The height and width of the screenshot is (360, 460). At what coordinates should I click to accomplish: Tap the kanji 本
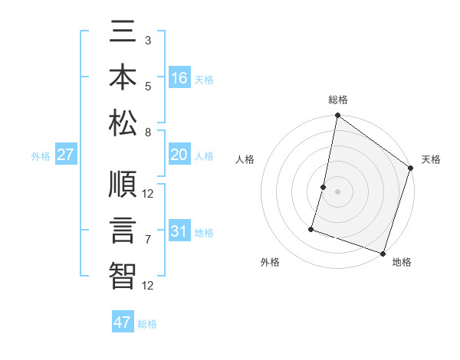pyautogui.click(x=123, y=77)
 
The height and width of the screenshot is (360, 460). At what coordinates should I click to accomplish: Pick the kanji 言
pyautogui.click(x=123, y=231)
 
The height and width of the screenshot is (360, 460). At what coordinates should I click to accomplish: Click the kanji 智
pyautogui.click(x=123, y=274)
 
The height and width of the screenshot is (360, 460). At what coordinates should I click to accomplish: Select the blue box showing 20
pyautogui.click(x=179, y=155)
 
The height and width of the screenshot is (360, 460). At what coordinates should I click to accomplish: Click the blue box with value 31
pyautogui.click(x=179, y=231)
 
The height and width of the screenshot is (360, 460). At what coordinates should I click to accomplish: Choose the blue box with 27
pyautogui.click(x=66, y=155)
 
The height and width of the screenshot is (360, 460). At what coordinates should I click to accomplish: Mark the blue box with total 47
pyautogui.click(x=123, y=322)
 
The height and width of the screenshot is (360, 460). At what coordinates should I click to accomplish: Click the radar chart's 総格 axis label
pyautogui.click(x=338, y=100)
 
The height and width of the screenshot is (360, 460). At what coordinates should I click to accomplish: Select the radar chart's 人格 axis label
pyautogui.click(x=245, y=159)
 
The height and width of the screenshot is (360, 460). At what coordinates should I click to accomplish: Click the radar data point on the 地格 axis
pyautogui.click(x=383, y=253)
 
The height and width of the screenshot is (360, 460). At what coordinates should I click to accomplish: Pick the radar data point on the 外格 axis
pyautogui.click(x=312, y=228)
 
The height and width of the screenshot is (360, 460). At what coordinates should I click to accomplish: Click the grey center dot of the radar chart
pyautogui.click(x=338, y=191)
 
